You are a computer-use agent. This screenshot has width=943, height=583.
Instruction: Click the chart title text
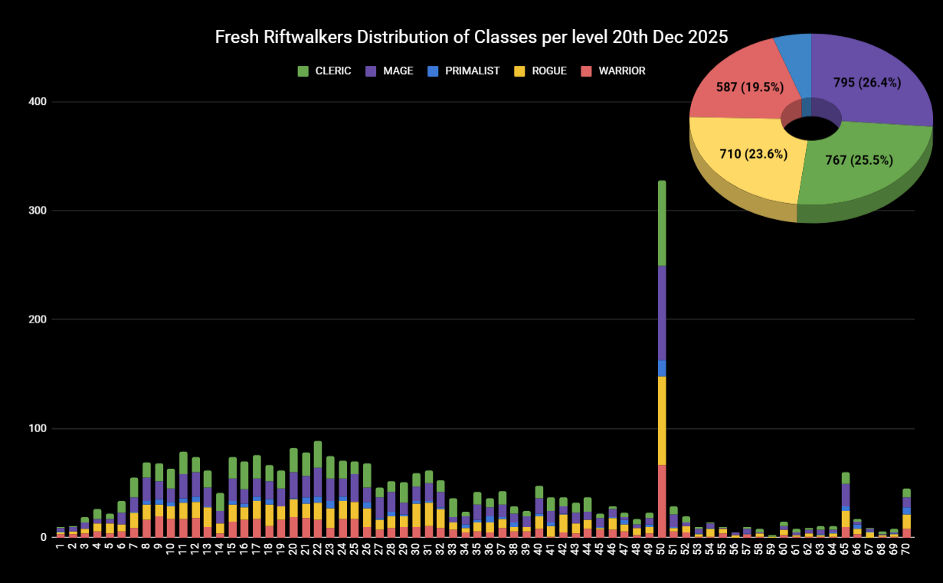click(471, 38)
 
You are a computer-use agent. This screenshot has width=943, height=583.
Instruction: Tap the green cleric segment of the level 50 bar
click(662, 222)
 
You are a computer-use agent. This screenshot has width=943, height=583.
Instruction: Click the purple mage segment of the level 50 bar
click(662, 313)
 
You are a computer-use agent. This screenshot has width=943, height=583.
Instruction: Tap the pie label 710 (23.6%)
click(742, 155)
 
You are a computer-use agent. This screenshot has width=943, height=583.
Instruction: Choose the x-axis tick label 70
click(906, 549)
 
